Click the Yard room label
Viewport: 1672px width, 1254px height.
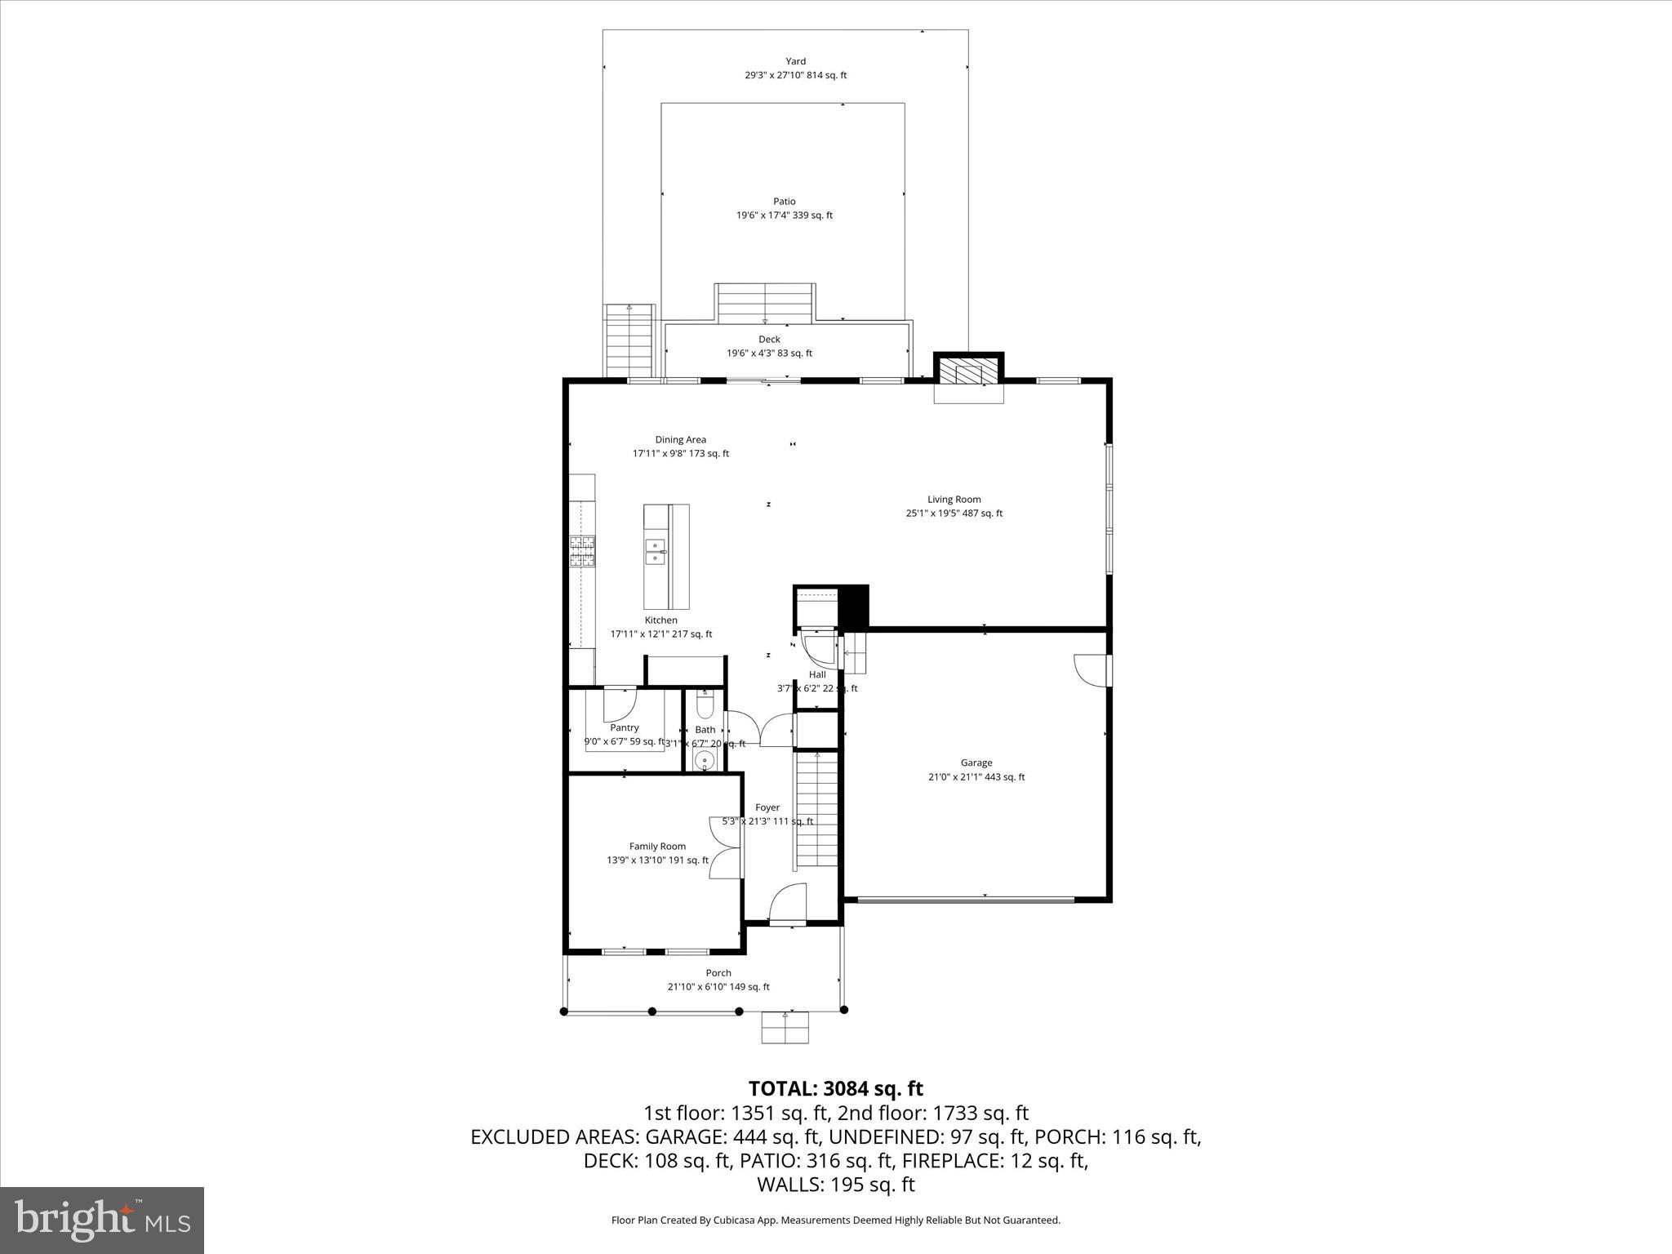pyautogui.click(x=795, y=61)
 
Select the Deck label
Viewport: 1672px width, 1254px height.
pyautogui.click(x=769, y=339)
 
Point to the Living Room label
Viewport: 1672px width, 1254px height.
pyautogui.click(x=954, y=499)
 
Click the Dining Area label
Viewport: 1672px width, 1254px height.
pyautogui.click(x=680, y=439)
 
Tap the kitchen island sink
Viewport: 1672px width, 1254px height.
pyautogui.click(x=655, y=552)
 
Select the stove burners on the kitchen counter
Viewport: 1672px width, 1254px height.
pyautogui.click(x=581, y=551)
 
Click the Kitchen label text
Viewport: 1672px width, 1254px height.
pyautogui.click(x=660, y=620)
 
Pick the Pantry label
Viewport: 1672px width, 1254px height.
pyautogui.click(x=625, y=727)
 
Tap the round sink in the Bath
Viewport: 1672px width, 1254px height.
pyautogui.click(x=704, y=761)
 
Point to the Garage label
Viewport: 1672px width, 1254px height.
pyautogui.click(x=976, y=763)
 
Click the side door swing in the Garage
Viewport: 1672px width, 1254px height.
pyautogui.click(x=1091, y=669)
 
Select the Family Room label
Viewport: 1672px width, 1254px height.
pyautogui.click(x=657, y=846)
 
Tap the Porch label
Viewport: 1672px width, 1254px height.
pyautogui.click(x=718, y=972)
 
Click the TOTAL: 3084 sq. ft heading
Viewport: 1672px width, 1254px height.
pyautogui.click(x=835, y=1088)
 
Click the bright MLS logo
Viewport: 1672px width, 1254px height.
pyautogui.click(x=102, y=1221)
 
